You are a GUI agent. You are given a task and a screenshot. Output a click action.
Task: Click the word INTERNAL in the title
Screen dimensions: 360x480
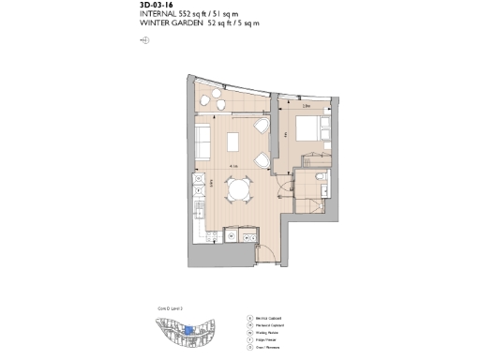(158, 15)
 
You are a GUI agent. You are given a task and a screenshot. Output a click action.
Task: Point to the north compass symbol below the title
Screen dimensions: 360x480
(143, 41)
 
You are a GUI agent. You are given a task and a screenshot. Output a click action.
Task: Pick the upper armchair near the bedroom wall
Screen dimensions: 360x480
(263, 128)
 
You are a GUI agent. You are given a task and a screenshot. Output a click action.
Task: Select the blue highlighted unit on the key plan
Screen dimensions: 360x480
(188, 329)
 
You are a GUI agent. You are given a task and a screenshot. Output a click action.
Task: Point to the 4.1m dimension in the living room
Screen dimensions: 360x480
(230, 167)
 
